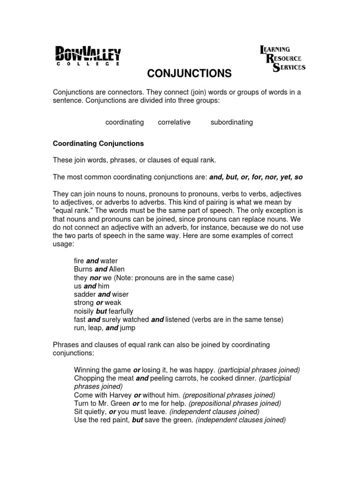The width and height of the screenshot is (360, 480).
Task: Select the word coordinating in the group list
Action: point(124,122)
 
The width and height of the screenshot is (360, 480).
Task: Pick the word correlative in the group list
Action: point(174,122)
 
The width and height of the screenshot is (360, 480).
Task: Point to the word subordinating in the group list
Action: point(232,122)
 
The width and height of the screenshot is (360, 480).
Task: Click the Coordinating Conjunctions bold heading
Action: point(98,143)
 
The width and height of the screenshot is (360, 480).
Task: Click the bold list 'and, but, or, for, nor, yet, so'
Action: point(256,177)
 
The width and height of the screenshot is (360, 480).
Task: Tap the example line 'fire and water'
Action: point(96,261)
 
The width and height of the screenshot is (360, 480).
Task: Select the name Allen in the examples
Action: point(117,269)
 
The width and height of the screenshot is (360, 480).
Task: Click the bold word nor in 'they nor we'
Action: point(96,277)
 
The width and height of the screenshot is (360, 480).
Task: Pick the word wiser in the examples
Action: point(120,294)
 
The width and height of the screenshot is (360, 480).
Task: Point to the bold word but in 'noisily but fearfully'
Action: point(102,311)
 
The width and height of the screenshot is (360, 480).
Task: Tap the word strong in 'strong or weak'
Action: point(84,303)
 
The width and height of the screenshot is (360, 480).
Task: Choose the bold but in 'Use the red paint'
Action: point(137,420)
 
